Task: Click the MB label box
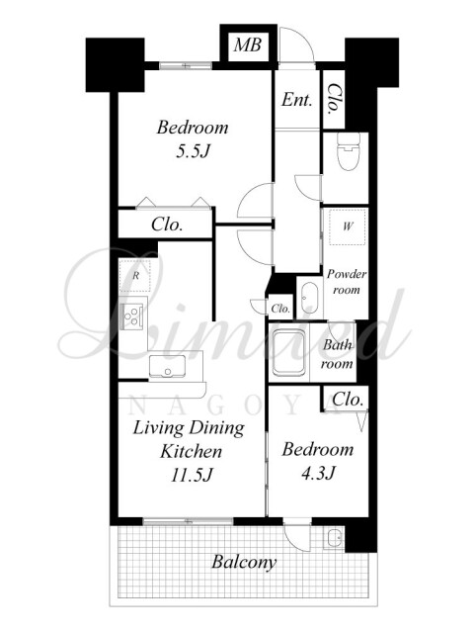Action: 248,45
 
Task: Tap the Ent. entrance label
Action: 297,99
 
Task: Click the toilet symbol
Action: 348,151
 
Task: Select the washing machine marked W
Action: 348,226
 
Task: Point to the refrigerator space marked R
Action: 135,276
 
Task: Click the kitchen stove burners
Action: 132,316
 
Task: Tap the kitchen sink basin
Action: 167,366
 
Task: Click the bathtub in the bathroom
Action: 288,352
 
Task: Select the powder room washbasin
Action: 309,299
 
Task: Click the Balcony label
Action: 244,562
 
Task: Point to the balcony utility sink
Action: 334,538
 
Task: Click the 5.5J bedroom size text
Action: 193,151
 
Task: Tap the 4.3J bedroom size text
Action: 318,473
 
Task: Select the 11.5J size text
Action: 192,475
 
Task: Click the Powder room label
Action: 347,281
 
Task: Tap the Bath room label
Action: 337,354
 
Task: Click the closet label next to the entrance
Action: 334,99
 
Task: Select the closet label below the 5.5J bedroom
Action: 167,225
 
